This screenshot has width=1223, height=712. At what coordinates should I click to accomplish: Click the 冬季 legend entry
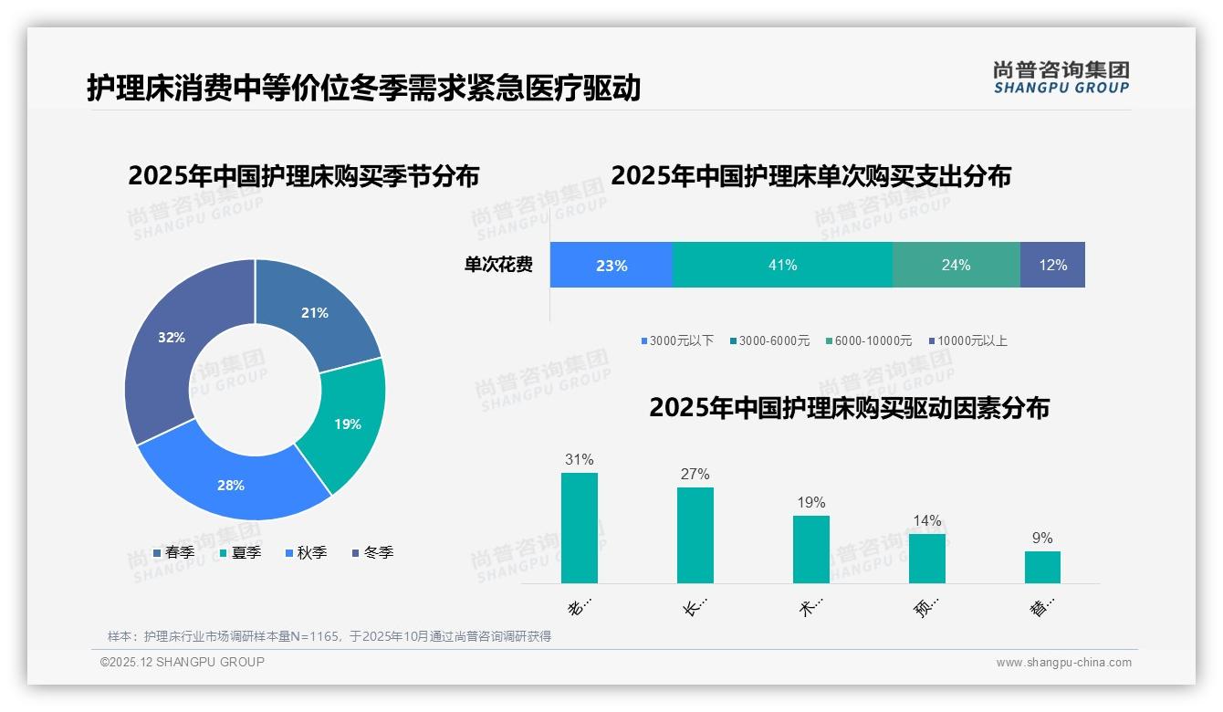click(372, 552)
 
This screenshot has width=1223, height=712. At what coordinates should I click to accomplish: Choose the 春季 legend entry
click(173, 552)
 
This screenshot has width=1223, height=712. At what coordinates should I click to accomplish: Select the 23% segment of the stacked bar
click(611, 266)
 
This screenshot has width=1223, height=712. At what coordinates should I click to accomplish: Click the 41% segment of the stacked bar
click(782, 266)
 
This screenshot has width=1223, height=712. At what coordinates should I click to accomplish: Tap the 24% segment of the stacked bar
click(956, 266)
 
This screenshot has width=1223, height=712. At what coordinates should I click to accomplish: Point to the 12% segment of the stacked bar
click(1052, 266)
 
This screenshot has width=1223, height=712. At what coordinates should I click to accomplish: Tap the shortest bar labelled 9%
click(1042, 567)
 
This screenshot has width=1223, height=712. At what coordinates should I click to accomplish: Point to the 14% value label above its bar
click(926, 521)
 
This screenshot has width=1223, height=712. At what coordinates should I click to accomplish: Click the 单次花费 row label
click(498, 266)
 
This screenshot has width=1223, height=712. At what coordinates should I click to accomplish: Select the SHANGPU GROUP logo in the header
click(1061, 78)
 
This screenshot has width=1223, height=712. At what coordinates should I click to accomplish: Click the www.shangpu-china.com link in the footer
click(1063, 663)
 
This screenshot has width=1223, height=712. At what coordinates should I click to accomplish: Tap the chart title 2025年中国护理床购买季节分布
click(303, 176)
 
